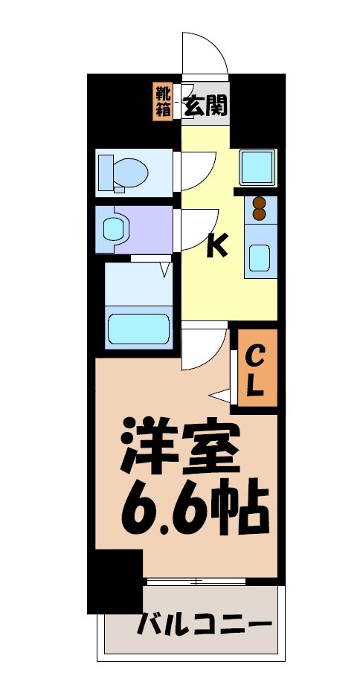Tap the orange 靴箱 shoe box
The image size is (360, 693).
[162, 102]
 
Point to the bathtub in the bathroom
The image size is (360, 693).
[138, 327]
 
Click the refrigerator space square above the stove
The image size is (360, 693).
[257, 167]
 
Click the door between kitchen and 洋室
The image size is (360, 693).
[202, 346]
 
